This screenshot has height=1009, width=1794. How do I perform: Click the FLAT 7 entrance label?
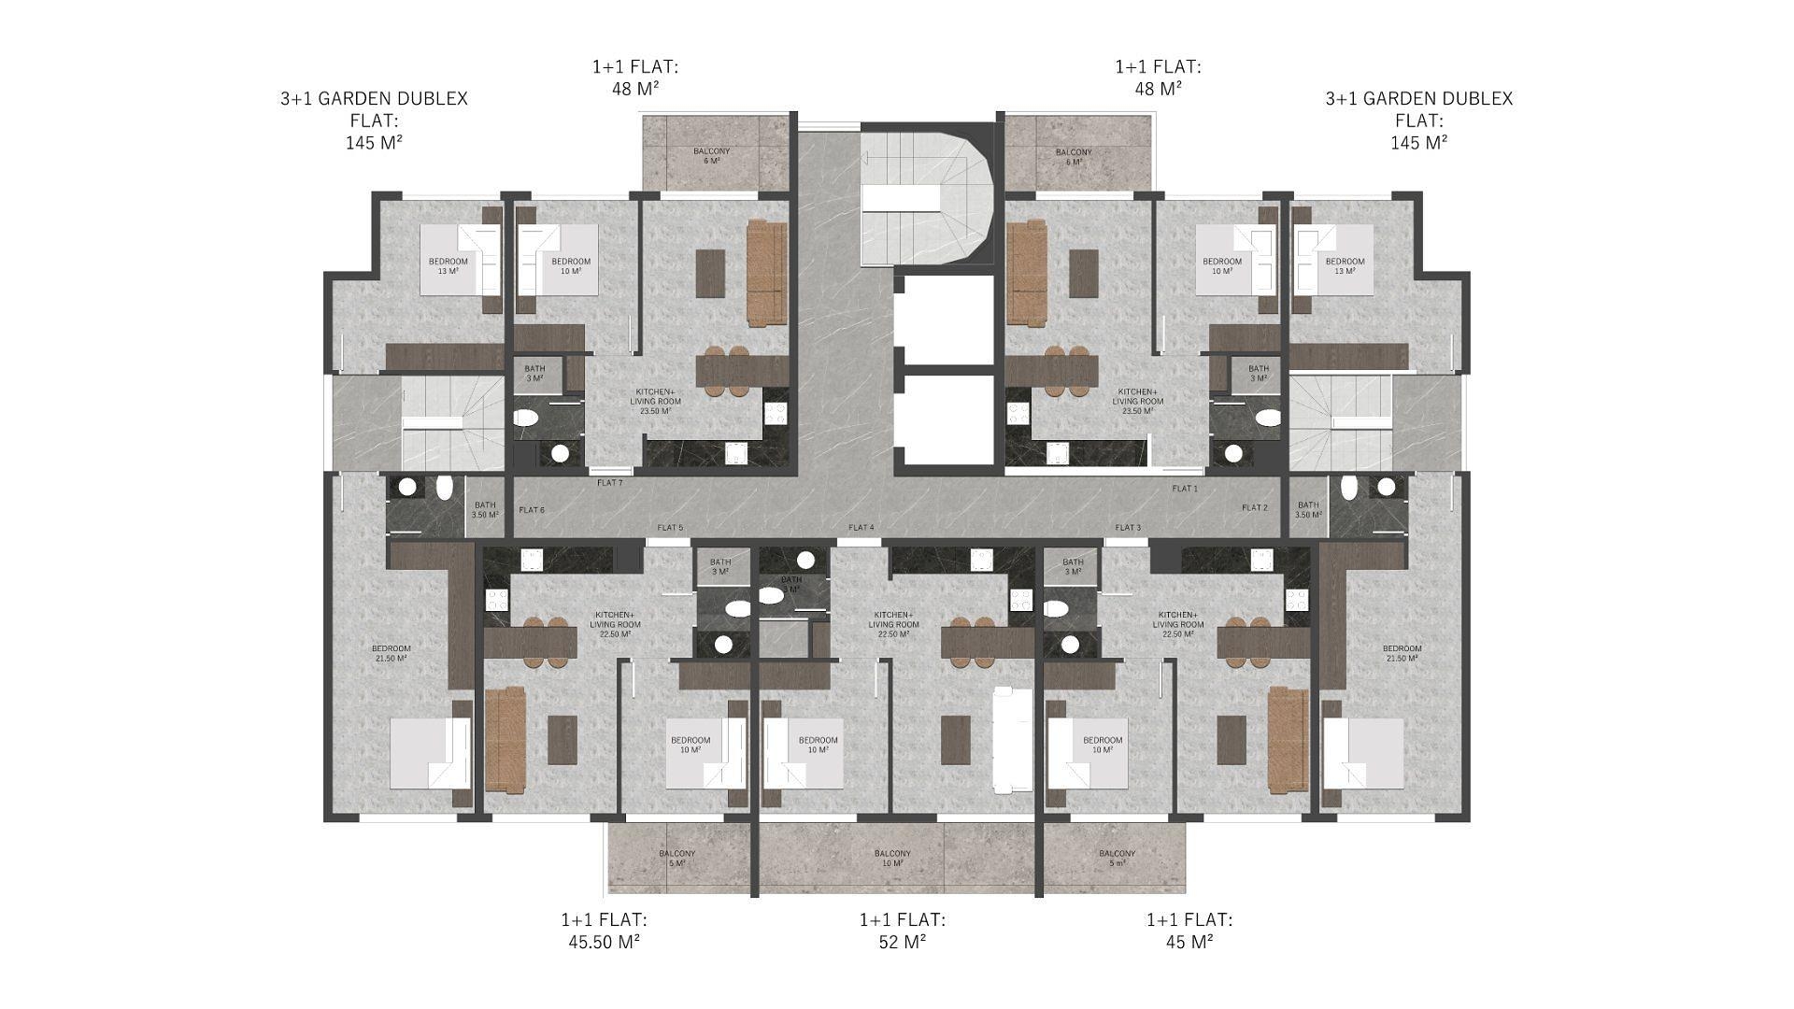pyautogui.click(x=609, y=483)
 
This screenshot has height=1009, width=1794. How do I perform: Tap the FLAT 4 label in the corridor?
pyautogui.click(x=861, y=528)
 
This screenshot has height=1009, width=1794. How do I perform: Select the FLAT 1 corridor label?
pyautogui.click(x=1184, y=489)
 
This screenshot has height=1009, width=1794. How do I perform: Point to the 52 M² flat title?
pyautogui.click(x=902, y=931)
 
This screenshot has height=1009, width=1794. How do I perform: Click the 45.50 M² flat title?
pyautogui.click(x=604, y=931)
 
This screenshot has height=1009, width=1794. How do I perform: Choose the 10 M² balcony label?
pyautogui.click(x=892, y=859)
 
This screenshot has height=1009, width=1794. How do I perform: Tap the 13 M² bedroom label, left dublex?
pyautogui.click(x=448, y=266)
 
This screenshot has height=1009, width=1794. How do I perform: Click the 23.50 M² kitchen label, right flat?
pyautogui.click(x=1137, y=401)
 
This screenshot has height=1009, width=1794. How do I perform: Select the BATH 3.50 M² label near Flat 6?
pyautogui.click(x=485, y=510)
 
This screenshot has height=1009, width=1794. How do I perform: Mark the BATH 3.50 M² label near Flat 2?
pyautogui.click(x=1308, y=510)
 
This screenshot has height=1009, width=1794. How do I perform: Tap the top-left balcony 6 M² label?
pyautogui.click(x=711, y=156)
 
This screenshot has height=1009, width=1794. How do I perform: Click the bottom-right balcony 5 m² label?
pyautogui.click(x=1117, y=859)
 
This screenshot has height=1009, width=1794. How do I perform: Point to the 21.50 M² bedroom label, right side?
pyautogui.click(x=1402, y=653)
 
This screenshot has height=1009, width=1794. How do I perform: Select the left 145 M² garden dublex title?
pyautogui.click(x=374, y=120)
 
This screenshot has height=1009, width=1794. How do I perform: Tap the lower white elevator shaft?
pyautogui.click(x=944, y=419)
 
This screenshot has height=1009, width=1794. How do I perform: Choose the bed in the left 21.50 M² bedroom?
pyautogui.click(x=429, y=754)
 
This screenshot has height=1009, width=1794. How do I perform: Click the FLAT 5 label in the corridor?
pyautogui.click(x=670, y=528)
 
